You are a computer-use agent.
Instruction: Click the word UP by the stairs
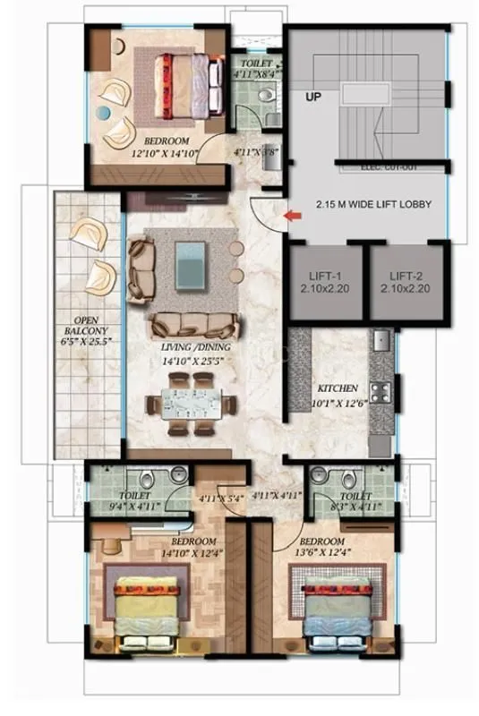point(313,96)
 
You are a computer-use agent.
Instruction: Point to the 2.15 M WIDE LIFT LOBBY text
point(373,205)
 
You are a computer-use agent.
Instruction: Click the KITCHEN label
point(338,389)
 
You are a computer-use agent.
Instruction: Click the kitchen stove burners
point(380,392)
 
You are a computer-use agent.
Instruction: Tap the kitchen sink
point(381,341)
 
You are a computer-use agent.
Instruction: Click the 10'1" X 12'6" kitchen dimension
point(338,403)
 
